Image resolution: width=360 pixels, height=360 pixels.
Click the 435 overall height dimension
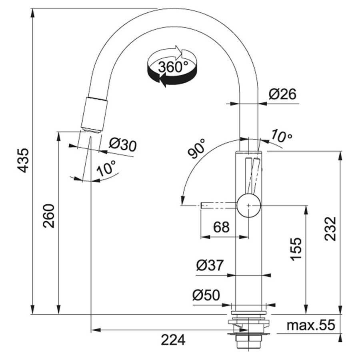pos(24,160)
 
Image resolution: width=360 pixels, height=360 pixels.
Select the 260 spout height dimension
pos(49,216)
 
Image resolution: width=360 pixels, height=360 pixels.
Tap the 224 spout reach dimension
pos(173,340)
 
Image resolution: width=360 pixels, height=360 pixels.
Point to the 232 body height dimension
pos(330,229)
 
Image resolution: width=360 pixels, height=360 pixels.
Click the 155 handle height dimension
pos(296,249)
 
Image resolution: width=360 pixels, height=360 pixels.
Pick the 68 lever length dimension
pos(221,227)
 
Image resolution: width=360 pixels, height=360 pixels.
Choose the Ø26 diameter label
pos(283,94)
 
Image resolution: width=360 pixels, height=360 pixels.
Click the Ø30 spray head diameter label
pos(123,145)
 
